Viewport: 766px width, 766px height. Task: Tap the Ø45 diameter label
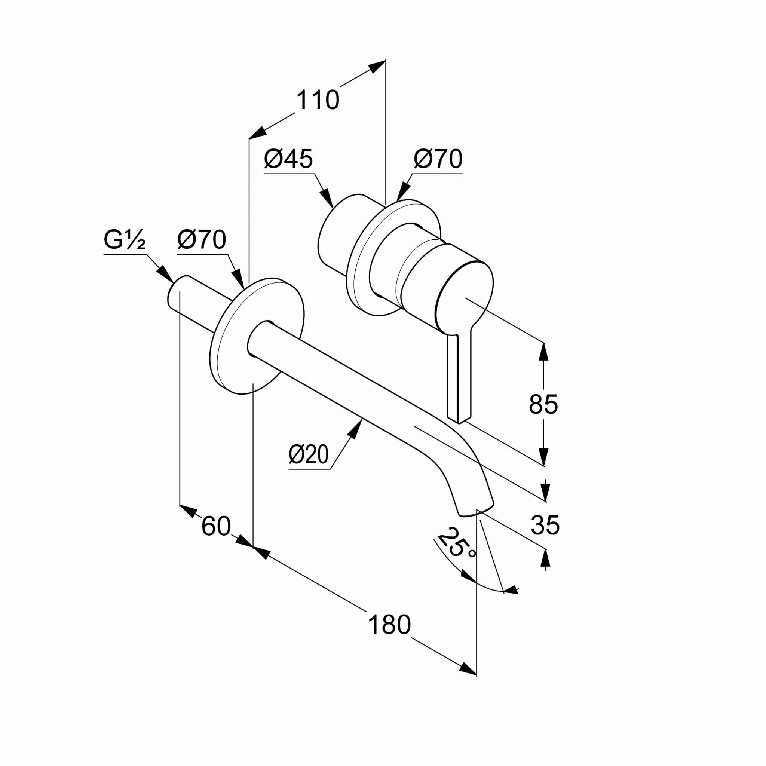coord(288,159)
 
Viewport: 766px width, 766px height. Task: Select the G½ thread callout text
coord(125,239)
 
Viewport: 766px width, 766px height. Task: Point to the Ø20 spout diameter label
coord(309,454)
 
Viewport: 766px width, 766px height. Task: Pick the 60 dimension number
coord(216,526)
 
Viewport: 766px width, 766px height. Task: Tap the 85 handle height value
coord(543,404)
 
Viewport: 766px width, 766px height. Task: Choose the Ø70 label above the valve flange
coord(438,159)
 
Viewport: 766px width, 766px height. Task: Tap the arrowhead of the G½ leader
coord(166,275)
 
